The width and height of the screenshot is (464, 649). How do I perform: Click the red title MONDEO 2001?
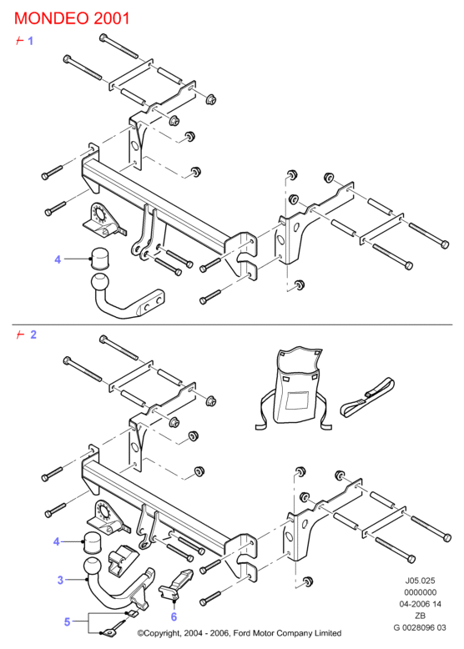coord(72,18)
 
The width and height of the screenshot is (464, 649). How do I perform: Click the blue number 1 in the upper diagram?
coord(30,41)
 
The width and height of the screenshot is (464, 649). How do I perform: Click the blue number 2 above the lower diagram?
coord(33,335)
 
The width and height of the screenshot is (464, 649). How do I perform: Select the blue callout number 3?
coord(60,580)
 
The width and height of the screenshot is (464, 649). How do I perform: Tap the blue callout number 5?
coord(67,621)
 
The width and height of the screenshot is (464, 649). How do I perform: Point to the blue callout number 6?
coord(174,616)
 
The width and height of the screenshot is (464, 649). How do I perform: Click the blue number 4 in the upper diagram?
coord(58,259)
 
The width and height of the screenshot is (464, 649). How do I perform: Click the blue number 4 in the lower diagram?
coord(57,541)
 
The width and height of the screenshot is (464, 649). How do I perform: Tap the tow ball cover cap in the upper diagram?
coord(99,259)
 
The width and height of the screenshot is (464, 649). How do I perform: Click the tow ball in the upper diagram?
coord(99,284)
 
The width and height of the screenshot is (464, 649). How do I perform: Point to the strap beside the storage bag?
coord(366,396)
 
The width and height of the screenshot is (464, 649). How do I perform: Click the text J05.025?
coord(420,581)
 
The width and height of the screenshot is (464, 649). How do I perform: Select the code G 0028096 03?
coord(420,627)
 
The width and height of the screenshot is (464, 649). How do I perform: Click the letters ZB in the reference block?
coord(420,616)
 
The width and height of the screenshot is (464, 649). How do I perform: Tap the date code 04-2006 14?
coord(420,604)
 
